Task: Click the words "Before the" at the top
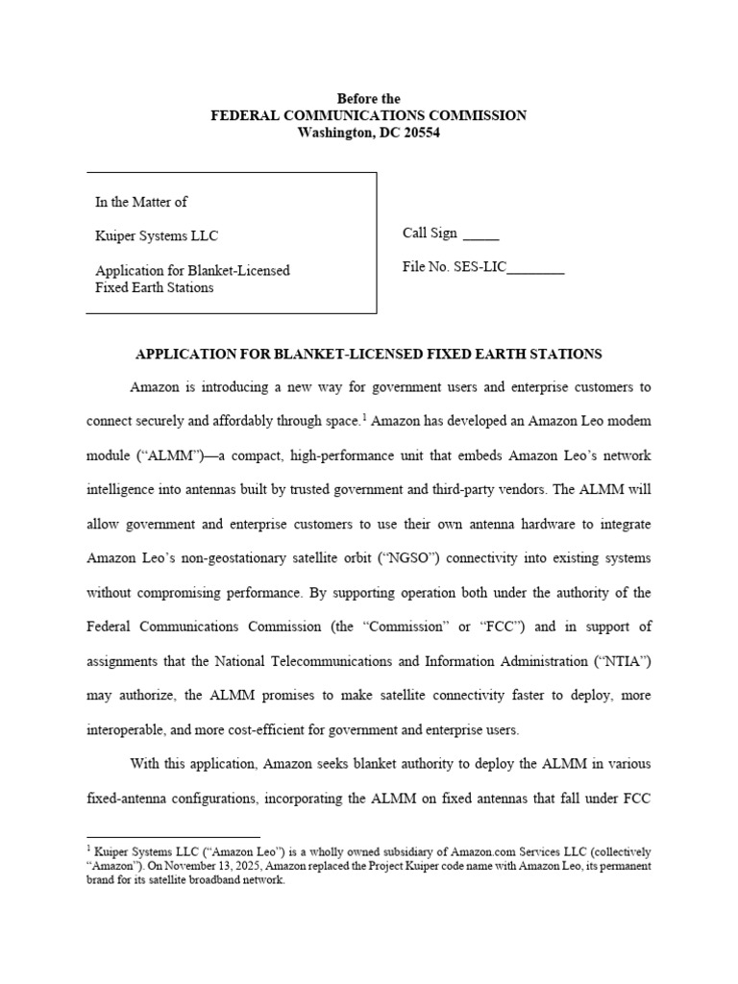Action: pyautogui.click(x=369, y=99)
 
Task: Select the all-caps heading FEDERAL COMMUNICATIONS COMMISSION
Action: pyautogui.click(x=369, y=115)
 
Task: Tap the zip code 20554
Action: pyautogui.click(x=420, y=133)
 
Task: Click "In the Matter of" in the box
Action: pyautogui.click(x=141, y=202)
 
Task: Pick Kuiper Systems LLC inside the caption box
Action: pyautogui.click(x=149, y=235)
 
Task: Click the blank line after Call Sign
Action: pyautogui.click(x=480, y=235)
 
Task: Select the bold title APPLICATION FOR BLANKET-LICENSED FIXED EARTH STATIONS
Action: pyautogui.click(x=369, y=355)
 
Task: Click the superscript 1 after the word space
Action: pyautogui.click(x=366, y=418)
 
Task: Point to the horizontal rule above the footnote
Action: pyautogui.click(x=173, y=837)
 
